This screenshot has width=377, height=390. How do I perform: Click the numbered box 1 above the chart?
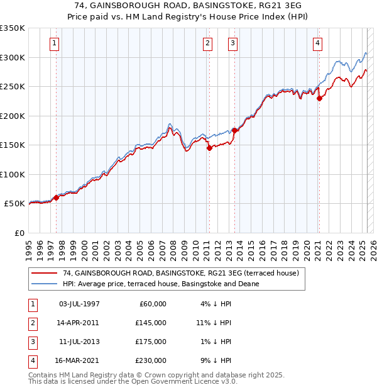(55, 43)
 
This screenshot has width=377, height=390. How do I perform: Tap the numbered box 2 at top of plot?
(207, 43)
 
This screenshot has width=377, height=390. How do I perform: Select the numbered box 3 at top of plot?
(232, 43)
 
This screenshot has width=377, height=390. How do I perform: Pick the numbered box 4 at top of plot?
(318, 43)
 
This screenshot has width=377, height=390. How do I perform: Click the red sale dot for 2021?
(319, 98)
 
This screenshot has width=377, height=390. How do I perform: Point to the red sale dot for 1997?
(56, 198)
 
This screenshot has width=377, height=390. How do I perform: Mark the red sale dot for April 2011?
(209, 148)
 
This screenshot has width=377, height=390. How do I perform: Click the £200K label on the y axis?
(13, 116)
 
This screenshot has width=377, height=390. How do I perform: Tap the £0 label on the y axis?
(19, 233)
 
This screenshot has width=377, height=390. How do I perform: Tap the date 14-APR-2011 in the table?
(79, 323)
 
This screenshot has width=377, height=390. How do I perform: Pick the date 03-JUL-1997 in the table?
(79, 304)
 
